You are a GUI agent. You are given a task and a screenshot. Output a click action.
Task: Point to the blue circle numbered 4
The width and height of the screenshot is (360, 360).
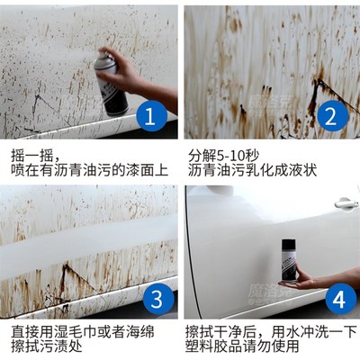tap(329, 297)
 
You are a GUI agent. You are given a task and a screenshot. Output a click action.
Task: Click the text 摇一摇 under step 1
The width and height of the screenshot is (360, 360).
tap(29, 150)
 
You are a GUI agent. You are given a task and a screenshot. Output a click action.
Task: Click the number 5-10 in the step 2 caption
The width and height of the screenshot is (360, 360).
tap(230, 150)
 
